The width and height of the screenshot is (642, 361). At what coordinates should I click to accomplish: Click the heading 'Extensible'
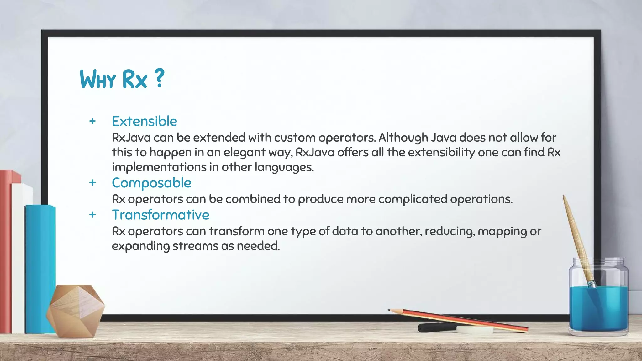pyautogui.click(x=145, y=121)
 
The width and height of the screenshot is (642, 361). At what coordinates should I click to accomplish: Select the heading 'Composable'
pyautogui.click(x=151, y=183)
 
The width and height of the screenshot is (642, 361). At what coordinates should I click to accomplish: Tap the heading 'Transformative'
pyautogui.click(x=160, y=215)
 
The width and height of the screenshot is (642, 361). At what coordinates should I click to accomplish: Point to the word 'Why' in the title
pyautogui.click(x=98, y=79)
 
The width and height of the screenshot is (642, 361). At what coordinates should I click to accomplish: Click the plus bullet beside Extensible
pyautogui.click(x=92, y=121)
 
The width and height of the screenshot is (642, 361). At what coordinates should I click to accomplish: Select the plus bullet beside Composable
pyautogui.click(x=92, y=183)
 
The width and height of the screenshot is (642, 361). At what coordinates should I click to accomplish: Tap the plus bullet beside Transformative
pyautogui.click(x=92, y=215)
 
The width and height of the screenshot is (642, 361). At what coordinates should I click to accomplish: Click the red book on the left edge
pyautogui.click(x=5, y=251)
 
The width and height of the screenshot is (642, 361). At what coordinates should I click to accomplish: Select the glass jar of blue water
pyautogui.click(x=598, y=301)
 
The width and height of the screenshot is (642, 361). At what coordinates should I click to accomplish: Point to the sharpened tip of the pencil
pyautogui.click(x=390, y=310)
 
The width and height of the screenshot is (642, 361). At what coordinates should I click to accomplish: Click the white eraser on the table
pyautogui.click(x=475, y=330)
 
